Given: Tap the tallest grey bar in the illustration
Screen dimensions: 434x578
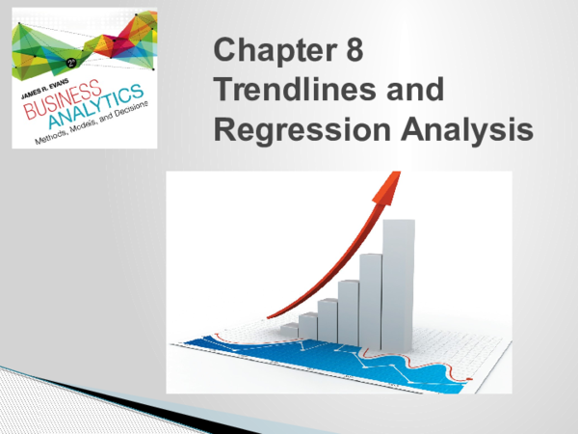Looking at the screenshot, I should (399, 280).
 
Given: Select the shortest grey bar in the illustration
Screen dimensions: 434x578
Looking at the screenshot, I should (289, 329).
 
